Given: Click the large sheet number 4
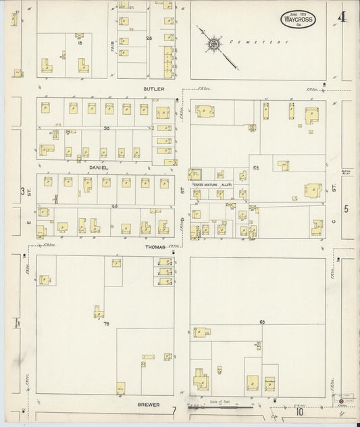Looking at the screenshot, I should tap(342, 17).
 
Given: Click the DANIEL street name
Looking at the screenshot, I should tap(97, 164).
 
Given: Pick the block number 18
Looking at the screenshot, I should tap(80, 43).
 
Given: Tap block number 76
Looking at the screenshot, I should tap(106, 324).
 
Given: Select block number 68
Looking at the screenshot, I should tap(261, 324).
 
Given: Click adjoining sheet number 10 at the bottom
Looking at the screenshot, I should tap(299, 411).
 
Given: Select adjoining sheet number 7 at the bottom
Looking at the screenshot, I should tap(174, 411).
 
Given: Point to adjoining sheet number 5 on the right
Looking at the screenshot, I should tap(346, 209).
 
